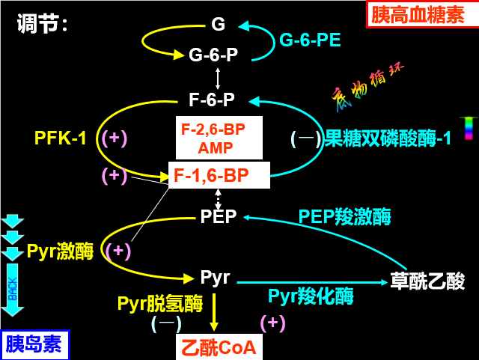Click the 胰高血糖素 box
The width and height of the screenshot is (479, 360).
pos(422,14)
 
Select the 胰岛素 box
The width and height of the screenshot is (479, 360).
pos(34,344)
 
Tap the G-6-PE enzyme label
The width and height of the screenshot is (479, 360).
pos(310,39)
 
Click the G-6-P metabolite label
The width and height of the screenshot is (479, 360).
pos(213,55)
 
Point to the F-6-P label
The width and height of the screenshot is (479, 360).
pos(212,100)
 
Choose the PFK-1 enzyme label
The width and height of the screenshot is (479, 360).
pos(61,138)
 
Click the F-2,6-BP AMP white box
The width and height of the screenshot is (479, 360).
pos(219,138)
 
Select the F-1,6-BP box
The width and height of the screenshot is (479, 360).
pos(218,176)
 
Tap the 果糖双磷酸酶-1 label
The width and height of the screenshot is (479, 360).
pos(387,138)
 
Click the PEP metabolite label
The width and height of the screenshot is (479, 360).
pos(218,217)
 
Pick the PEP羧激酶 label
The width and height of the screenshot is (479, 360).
pos(344,217)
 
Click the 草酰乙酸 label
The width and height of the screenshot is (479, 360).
pos(427,281)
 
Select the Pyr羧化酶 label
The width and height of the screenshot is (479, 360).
pos(311,296)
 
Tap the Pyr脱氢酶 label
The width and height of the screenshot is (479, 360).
pos(159,303)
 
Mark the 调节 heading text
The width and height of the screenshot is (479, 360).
pos(42,24)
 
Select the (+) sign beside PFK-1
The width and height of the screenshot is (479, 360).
pos(115,138)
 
